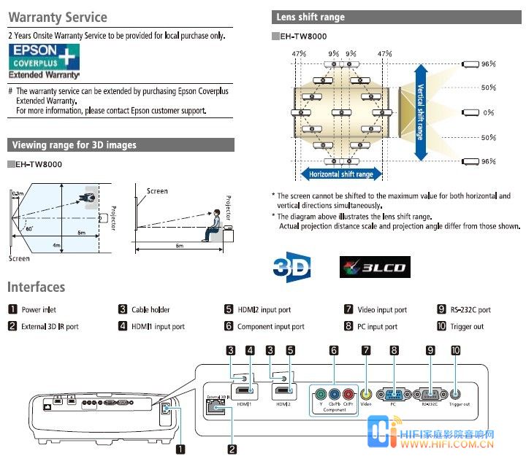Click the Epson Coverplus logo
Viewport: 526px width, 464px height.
click(44, 61)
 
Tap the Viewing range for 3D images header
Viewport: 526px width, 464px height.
click(121, 145)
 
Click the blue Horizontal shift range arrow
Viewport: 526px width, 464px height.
click(340, 174)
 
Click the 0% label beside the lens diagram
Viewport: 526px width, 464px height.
click(489, 112)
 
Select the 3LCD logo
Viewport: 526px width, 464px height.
click(373, 268)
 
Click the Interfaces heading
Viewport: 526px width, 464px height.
click(37, 287)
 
